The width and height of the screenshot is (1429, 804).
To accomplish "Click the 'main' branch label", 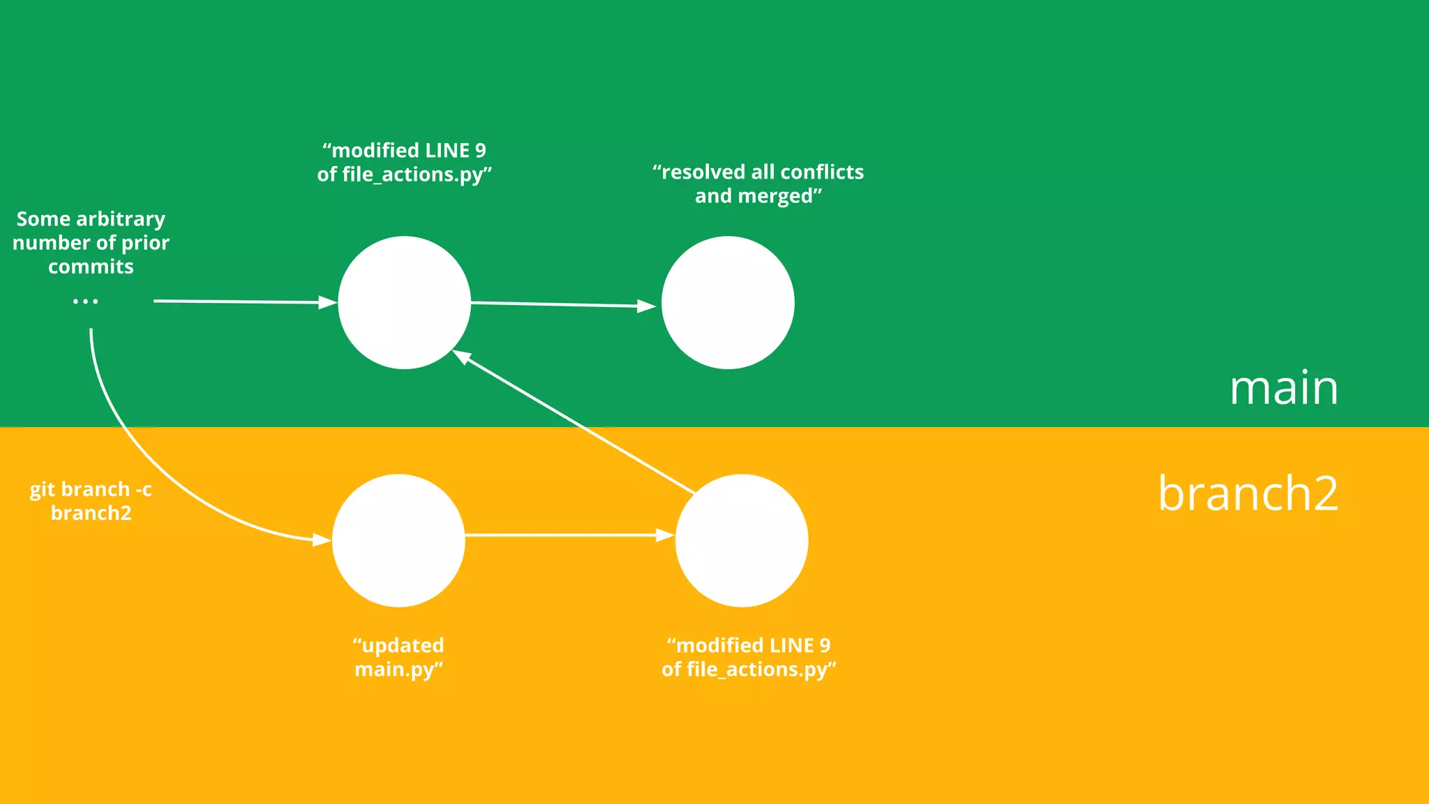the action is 1283,388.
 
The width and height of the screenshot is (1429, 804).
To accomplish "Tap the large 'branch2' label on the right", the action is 1248,493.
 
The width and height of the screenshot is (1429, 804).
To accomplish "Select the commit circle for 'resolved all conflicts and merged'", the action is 728,302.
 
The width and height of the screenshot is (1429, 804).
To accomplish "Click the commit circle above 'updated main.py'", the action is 398,540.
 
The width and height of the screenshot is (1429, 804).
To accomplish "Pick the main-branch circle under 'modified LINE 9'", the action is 404,302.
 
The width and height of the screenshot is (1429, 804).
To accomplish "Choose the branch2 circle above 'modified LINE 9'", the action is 742,540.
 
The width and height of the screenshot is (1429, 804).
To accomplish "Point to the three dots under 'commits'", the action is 85,301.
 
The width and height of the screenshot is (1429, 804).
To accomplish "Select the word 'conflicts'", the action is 822,172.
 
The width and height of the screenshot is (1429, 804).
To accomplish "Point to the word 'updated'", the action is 403,646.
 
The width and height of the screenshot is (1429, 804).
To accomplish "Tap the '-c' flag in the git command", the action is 143,489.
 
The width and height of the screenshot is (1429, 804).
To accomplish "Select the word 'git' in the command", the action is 42,490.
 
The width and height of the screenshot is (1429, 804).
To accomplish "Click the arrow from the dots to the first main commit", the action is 244,301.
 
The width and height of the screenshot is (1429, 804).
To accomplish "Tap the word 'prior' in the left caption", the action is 145,243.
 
